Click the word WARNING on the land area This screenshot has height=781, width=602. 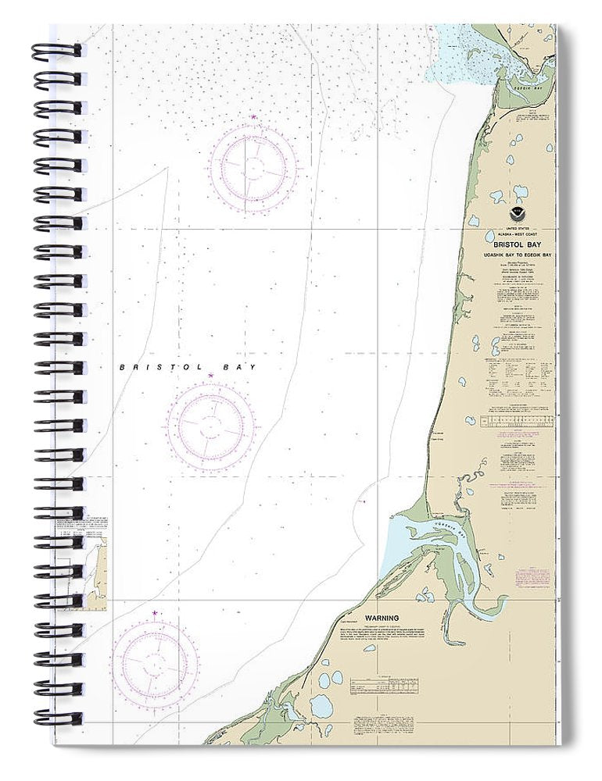[x=384, y=618]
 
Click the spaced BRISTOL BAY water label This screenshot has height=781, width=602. [x=187, y=366]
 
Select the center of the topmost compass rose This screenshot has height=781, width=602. [x=253, y=166]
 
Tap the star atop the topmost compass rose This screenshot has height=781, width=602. [x=253, y=117]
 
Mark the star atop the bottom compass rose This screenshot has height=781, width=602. [x=155, y=613]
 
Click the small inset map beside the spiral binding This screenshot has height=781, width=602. [x=95, y=562]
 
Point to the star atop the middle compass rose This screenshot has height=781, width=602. [x=210, y=376]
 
